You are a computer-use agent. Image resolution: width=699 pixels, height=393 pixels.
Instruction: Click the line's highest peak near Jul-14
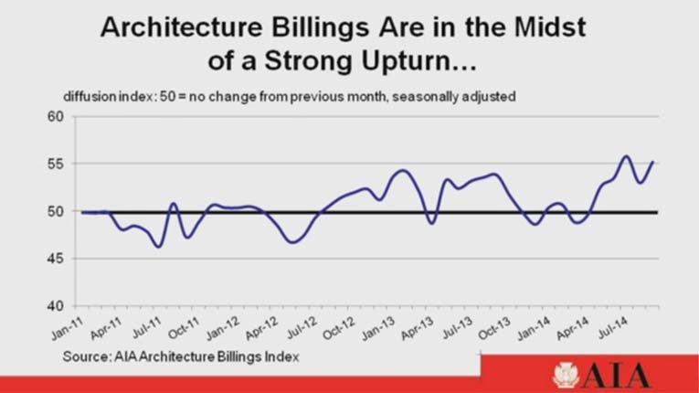point(626,156)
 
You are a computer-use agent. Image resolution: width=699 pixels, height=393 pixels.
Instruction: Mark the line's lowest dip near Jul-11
point(159,246)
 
